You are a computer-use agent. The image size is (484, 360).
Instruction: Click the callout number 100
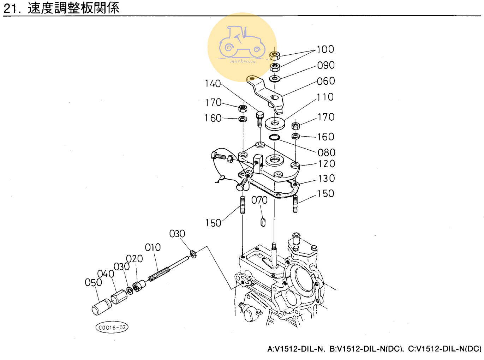[x=325, y=49]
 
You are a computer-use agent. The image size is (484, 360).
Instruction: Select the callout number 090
[x=325, y=65]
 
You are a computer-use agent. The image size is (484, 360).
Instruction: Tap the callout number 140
[x=213, y=84]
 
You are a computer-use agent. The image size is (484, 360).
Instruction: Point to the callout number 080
[x=326, y=152]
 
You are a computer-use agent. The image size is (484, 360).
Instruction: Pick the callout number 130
[x=326, y=179]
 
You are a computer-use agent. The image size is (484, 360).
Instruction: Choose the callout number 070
[x=259, y=200]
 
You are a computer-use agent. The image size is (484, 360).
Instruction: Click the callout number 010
[x=153, y=247]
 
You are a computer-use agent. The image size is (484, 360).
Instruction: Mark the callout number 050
[x=93, y=282]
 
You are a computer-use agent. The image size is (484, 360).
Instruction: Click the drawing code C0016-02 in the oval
[x=112, y=328]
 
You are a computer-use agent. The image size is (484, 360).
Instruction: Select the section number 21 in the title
[x=10, y=8]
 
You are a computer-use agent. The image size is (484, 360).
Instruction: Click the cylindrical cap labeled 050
[x=101, y=306]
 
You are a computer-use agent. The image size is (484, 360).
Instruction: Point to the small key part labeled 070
[x=263, y=222]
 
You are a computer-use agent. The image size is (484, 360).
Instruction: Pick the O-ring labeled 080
[x=274, y=137]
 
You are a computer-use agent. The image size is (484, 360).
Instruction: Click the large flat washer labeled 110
[x=275, y=123]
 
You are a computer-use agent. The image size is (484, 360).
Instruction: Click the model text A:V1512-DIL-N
[x=295, y=349]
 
